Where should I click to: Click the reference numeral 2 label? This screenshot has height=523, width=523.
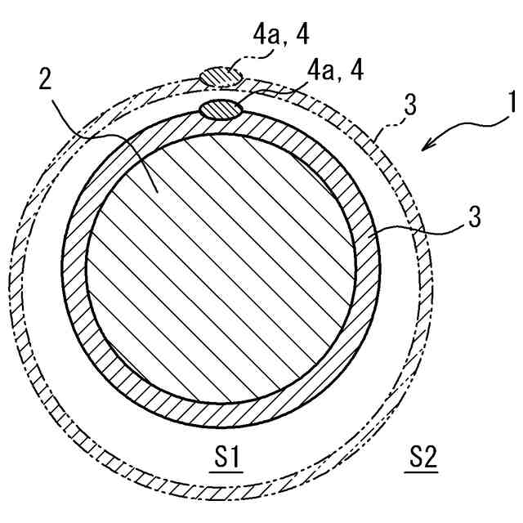pos(46,80)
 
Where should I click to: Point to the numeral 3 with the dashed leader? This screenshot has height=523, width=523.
pos(411,105)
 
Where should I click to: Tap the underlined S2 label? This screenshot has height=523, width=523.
pos(422,458)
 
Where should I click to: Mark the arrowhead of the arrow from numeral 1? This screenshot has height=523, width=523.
pos(426,145)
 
